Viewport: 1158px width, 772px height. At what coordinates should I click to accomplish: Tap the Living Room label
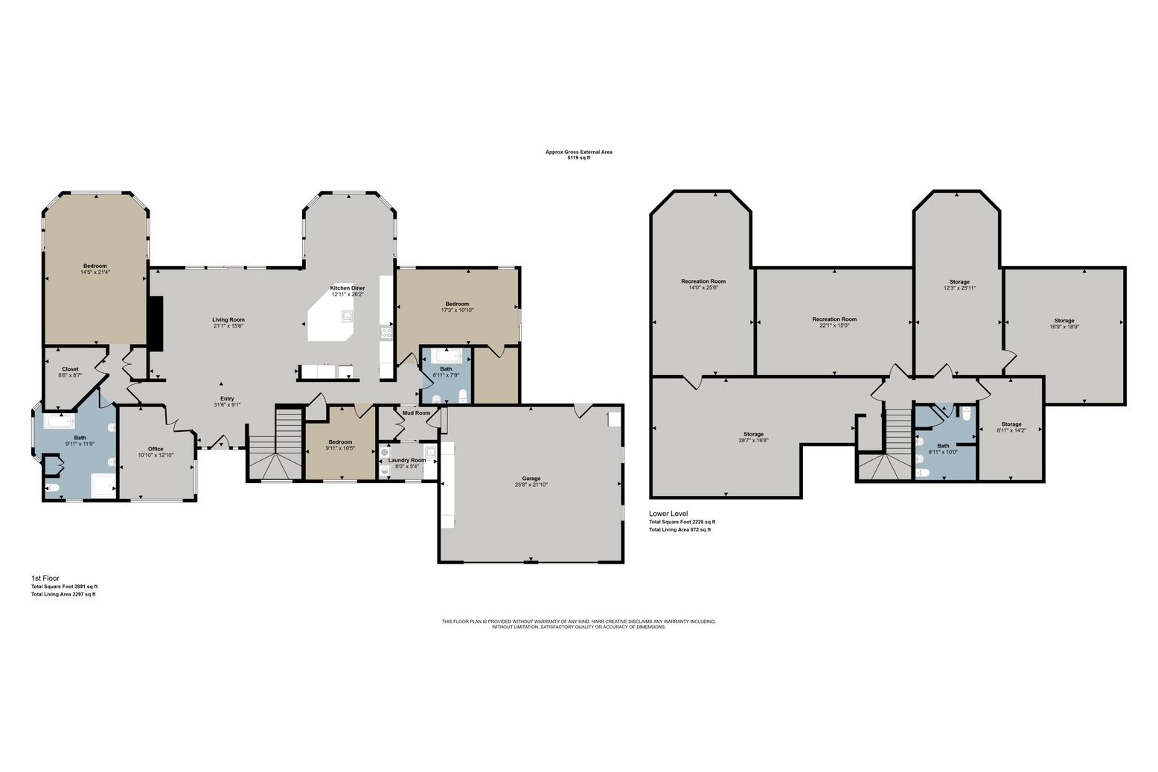228,319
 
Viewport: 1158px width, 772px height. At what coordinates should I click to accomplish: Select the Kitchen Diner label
348,288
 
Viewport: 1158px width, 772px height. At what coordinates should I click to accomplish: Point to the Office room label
156,449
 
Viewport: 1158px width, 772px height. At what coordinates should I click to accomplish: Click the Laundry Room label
407,460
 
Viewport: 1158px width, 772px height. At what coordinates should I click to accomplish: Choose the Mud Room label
416,412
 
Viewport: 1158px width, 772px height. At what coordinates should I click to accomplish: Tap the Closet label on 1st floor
70,369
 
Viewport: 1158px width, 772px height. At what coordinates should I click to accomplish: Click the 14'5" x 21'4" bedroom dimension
95,272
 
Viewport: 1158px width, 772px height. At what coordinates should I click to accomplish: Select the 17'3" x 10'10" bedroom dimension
457,310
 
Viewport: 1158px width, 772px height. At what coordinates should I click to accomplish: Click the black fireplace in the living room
156,323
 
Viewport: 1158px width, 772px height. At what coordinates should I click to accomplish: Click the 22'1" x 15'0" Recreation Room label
834,319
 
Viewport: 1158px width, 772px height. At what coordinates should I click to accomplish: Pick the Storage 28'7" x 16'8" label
753,434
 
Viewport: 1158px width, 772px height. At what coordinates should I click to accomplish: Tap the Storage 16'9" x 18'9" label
1063,321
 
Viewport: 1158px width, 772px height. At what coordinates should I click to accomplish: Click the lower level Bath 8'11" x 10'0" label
943,446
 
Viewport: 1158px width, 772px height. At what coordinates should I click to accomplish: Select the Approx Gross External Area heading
578,152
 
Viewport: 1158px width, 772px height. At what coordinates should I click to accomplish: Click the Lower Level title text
668,514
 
